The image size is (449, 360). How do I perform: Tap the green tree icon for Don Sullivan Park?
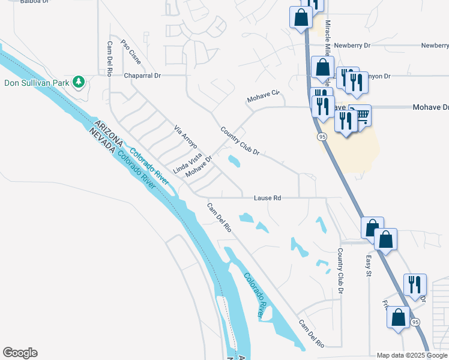(x=77, y=81)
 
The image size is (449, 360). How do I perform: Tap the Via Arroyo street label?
(x=185, y=137)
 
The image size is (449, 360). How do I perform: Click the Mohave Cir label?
(x=264, y=95)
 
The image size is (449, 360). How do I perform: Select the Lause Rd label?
(x=267, y=197)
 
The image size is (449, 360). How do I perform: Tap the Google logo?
(x=20, y=353)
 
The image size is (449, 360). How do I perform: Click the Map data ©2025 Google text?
(x=412, y=356)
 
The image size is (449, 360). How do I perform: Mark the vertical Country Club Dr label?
(x=340, y=271)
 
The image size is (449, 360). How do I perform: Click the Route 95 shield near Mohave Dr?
(x=323, y=137)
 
